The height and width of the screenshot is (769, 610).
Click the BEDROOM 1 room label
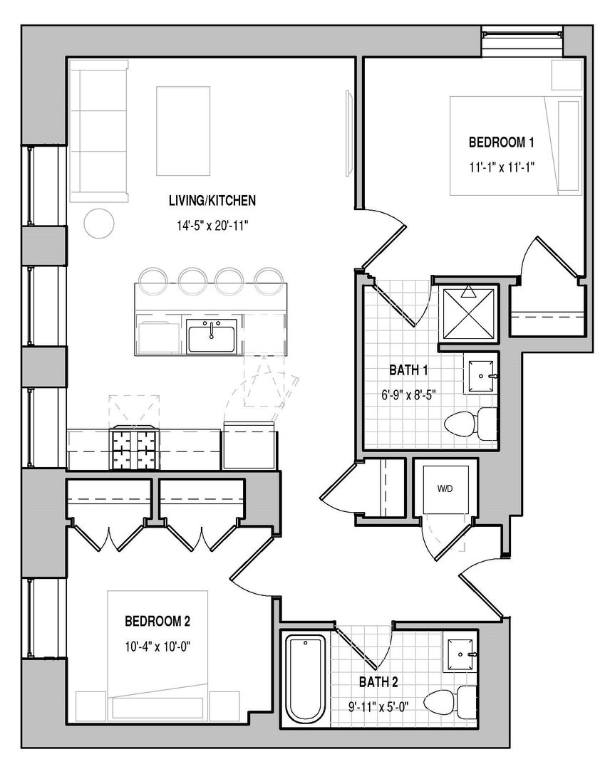tap(501, 142)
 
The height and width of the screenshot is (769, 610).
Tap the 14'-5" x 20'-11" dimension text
tap(212, 226)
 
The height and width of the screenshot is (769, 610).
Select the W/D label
tap(445, 488)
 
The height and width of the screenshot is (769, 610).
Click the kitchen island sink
tap(212, 335)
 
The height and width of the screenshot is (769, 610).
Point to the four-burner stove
tap(134, 448)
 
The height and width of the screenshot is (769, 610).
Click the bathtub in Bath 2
tap(305, 679)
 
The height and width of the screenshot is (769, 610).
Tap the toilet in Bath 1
tap(470, 423)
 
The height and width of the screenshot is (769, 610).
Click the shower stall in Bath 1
tap(469, 313)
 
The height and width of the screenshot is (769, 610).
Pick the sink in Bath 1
tap(481, 376)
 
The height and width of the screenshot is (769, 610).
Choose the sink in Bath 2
tap(460, 655)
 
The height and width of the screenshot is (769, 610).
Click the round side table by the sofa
tap(99, 223)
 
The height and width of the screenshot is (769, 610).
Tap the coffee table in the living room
tap(183, 131)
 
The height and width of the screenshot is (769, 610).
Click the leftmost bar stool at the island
tap(154, 281)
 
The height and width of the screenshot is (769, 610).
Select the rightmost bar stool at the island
tap(269, 281)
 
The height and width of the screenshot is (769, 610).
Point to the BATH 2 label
tap(378, 681)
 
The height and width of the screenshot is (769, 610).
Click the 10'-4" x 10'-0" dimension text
tap(157, 647)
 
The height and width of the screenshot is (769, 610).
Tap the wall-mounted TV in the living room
tap(349, 132)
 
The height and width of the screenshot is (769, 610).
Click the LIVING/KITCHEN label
tap(212, 201)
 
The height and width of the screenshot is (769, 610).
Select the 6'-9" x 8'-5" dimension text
tap(409, 394)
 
